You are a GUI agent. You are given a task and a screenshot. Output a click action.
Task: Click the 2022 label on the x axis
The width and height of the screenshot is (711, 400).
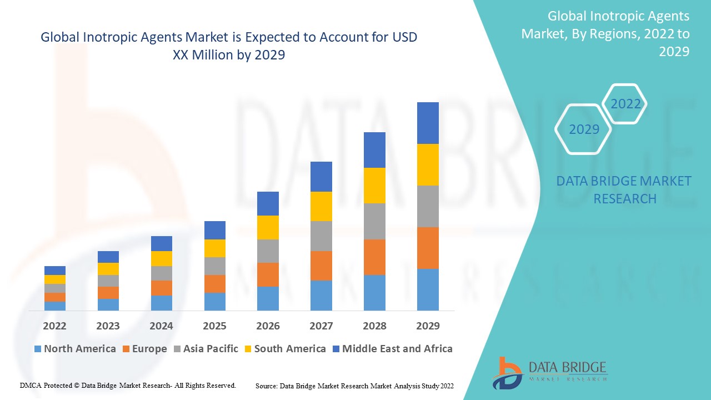[x=54, y=326]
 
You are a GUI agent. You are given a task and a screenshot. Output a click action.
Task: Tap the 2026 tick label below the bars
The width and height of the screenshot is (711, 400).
[x=268, y=326]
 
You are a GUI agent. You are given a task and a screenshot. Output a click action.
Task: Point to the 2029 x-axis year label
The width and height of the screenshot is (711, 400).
[x=428, y=326]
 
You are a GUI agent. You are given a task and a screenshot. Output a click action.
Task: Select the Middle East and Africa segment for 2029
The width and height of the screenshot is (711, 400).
[x=428, y=123]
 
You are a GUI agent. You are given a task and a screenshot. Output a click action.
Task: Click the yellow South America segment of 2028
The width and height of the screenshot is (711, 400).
[x=374, y=185]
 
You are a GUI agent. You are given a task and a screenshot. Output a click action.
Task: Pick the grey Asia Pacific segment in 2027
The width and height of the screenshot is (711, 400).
[x=321, y=236]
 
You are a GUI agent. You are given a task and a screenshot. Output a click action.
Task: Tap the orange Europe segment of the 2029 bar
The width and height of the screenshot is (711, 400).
[x=428, y=248]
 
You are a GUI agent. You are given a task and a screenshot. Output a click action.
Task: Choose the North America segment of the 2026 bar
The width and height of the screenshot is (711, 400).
[x=268, y=298]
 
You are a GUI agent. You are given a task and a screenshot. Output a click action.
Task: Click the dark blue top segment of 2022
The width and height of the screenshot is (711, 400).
[x=54, y=271]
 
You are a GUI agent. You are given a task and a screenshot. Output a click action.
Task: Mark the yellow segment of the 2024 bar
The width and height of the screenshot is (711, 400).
[x=161, y=258]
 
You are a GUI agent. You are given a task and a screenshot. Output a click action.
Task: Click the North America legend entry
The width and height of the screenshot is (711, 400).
[x=75, y=349]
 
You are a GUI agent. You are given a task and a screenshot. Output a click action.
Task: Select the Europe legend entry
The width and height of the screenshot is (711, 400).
[x=144, y=349]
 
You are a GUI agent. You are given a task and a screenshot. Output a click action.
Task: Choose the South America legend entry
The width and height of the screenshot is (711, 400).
[x=284, y=349]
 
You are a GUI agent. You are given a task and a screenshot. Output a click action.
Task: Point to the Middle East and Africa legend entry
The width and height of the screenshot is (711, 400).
[x=392, y=349]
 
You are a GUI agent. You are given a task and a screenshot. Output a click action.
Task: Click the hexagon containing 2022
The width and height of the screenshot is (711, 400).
[x=625, y=104]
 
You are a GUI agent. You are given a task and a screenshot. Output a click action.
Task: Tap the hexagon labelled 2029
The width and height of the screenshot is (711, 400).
[x=584, y=129]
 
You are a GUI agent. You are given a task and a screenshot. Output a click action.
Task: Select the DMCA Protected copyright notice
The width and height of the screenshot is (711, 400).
[x=128, y=385]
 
